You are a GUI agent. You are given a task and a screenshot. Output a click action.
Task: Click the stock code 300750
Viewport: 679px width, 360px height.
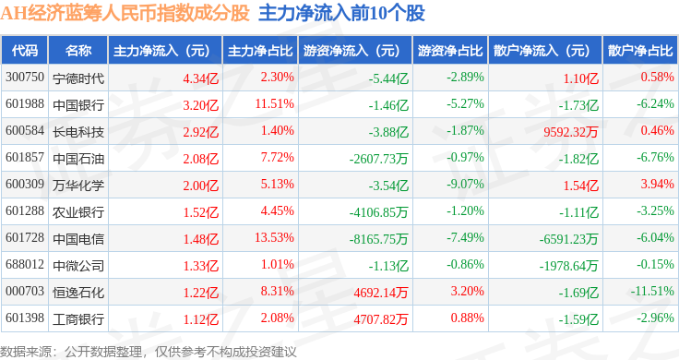click(25, 78)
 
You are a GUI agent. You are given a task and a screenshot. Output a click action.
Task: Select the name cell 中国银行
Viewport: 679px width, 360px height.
click(78, 105)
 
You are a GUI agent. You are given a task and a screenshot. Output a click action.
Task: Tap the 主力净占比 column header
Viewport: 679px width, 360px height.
click(260, 51)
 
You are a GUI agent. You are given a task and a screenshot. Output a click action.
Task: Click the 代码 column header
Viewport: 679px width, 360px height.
click(25, 51)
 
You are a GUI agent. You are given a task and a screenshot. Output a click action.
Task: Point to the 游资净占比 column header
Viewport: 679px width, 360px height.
click(450, 51)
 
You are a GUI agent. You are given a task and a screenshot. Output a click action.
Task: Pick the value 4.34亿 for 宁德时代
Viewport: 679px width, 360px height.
click(200, 78)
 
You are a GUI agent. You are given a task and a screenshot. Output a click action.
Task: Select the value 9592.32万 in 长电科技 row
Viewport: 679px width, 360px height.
click(571, 132)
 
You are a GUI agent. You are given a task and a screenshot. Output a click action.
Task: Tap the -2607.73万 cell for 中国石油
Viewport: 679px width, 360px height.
click(378, 159)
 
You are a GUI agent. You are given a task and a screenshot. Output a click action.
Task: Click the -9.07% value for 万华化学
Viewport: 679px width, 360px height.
click(466, 184)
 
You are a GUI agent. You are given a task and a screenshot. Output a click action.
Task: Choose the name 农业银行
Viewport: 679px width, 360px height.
click(78, 211)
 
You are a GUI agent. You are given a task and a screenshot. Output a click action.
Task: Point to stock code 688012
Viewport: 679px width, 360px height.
click(25, 264)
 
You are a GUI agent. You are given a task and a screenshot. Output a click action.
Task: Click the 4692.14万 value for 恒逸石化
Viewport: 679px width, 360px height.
click(381, 293)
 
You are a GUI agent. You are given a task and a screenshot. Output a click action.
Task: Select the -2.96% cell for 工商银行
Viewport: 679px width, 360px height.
click(655, 318)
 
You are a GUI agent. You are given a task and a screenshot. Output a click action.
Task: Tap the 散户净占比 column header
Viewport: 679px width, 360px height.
click(640, 51)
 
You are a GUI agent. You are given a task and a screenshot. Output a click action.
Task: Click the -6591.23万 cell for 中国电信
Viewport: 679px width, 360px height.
click(568, 239)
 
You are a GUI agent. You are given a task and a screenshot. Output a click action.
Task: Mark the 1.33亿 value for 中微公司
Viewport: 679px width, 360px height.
click(200, 266)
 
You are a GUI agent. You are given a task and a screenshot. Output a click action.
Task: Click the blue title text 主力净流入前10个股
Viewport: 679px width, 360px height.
click(341, 14)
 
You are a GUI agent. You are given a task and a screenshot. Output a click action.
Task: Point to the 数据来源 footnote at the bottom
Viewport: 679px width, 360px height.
click(149, 352)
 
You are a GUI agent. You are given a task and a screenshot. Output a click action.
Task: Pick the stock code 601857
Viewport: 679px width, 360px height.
click(25, 157)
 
